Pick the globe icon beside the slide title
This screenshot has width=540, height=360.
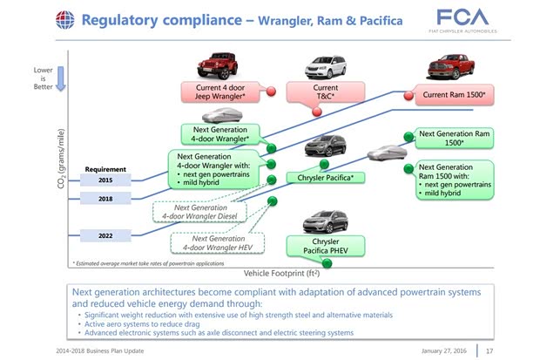point(64,19)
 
